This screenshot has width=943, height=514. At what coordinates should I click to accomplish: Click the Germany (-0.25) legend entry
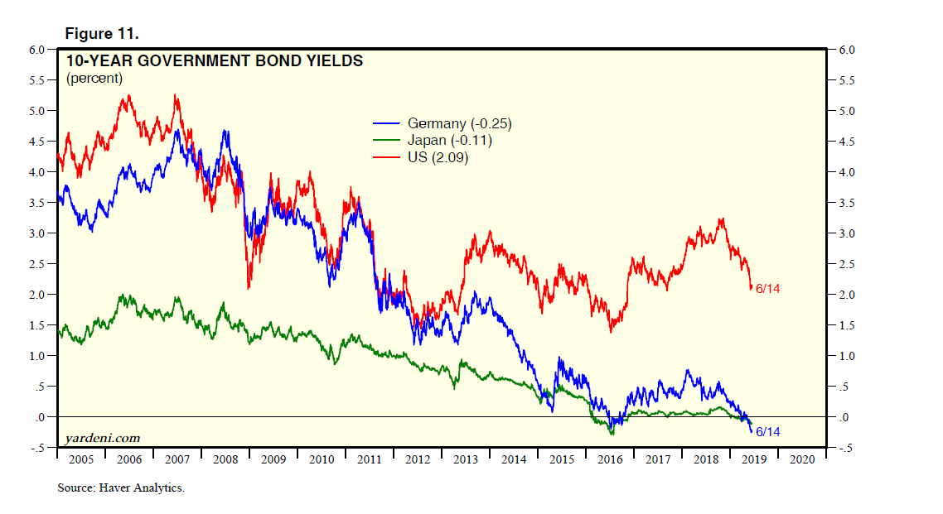coord(455,124)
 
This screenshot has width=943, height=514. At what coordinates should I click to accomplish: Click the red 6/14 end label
coord(768,289)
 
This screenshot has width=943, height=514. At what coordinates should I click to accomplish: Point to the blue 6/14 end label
coord(768,432)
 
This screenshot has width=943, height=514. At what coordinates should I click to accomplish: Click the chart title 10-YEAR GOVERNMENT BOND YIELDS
coord(214,60)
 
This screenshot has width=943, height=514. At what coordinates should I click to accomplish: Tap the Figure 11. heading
coord(101,34)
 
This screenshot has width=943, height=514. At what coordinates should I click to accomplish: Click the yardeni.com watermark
coord(102,438)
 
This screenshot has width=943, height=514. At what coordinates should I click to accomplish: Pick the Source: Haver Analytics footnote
coord(121,488)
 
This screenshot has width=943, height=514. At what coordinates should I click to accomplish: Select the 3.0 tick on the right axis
coord(847,233)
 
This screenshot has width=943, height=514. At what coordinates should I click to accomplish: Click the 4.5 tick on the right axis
coord(847,142)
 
